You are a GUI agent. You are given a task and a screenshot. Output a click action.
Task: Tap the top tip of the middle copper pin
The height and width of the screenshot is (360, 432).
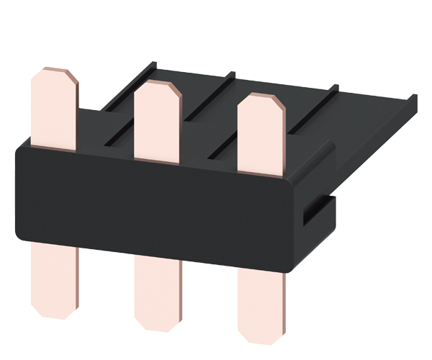pyautogui.click(x=156, y=84)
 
